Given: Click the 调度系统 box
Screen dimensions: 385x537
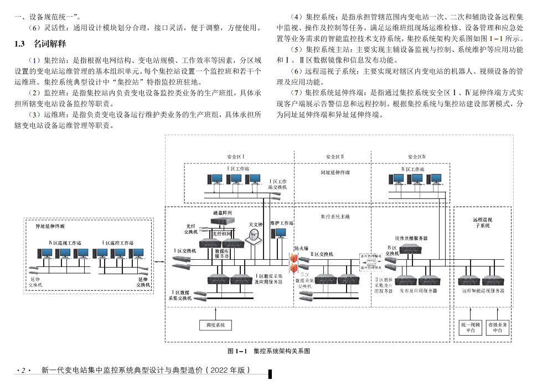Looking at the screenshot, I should pos(215,325).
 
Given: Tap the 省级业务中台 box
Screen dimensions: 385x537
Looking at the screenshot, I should pos(497,327).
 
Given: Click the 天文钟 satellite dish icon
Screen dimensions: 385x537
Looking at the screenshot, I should pos(254,237).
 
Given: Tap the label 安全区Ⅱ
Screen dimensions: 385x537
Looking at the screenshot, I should pos(335,157).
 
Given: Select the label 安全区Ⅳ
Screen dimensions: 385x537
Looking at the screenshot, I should pos(416,157).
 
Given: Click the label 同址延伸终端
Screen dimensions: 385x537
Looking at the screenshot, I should pos(335,172).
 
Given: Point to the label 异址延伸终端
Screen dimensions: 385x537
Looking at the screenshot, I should pos(50,226).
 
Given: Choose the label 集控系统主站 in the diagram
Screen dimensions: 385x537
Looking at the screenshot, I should pos(335,217).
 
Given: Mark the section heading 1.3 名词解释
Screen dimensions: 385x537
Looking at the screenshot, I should pos(40,43).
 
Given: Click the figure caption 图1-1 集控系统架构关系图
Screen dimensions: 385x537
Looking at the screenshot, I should pos(268,351).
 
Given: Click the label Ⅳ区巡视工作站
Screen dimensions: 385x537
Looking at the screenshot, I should pos(64,243).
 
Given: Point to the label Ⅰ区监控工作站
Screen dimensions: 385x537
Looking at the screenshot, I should pos(118,243).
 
